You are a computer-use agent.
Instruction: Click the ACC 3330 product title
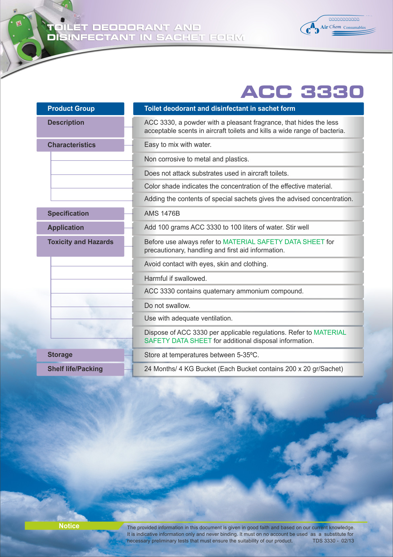(x=302, y=92)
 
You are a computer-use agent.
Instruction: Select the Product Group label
(x=71, y=108)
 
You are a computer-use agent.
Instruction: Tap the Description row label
(x=66, y=123)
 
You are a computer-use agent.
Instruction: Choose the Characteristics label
(x=71, y=145)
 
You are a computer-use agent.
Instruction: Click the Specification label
(x=68, y=213)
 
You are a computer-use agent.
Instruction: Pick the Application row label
(x=66, y=228)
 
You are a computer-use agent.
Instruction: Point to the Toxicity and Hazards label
(x=80, y=242)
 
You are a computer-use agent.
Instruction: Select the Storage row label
(x=60, y=355)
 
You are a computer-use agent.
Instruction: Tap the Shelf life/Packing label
(x=75, y=369)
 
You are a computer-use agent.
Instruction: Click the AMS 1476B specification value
(x=162, y=213)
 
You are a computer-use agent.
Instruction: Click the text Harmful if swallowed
(x=175, y=278)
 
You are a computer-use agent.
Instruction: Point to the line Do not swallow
(x=167, y=306)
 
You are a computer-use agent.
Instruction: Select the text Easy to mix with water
(x=178, y=145)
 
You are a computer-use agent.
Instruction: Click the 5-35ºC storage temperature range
(x=247, y=355)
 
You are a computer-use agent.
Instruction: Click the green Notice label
(x=69, y=526)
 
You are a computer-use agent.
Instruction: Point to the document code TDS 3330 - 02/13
(x=333, y=541)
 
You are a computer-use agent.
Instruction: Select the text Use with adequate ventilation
(x=188, y=318)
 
